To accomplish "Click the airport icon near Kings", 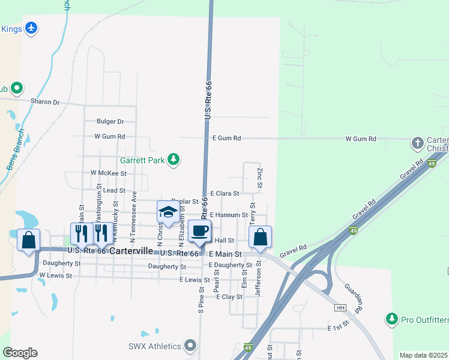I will [x=31, y=28].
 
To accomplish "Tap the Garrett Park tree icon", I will [x=173, y=159].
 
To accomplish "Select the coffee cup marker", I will [x=200, y=230].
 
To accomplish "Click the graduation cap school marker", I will [x=168, y=212].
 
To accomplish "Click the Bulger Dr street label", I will [x=110, y=121].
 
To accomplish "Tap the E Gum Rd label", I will [x=227, y=139].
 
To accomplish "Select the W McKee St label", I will [x=108, y=173].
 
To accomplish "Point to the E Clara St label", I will [x=224, y=193].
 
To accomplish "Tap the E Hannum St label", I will [x=229, y=215].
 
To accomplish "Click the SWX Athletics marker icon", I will [x=191, y=345].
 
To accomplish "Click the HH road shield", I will [x=341, y=308].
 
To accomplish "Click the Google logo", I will [x=20, y=353].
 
